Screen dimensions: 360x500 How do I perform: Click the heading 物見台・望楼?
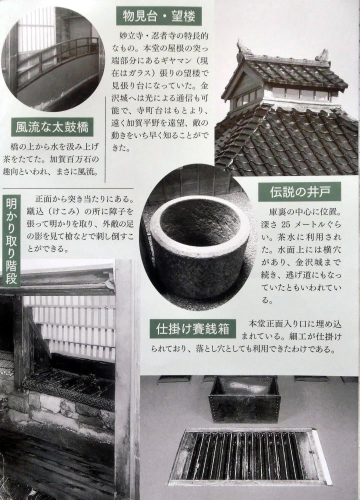158,16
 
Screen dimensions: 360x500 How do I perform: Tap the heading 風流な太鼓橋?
52,127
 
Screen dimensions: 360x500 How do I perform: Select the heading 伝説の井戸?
299,192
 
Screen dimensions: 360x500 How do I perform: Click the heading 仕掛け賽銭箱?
193,328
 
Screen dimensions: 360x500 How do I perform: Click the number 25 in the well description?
285,224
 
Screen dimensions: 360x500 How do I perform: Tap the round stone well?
199,246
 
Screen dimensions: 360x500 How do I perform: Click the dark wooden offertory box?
244,399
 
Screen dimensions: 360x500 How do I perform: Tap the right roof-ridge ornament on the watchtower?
323,56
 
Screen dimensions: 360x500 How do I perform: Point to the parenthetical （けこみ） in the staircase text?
65,211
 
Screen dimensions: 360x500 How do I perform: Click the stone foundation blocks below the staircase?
60,408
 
